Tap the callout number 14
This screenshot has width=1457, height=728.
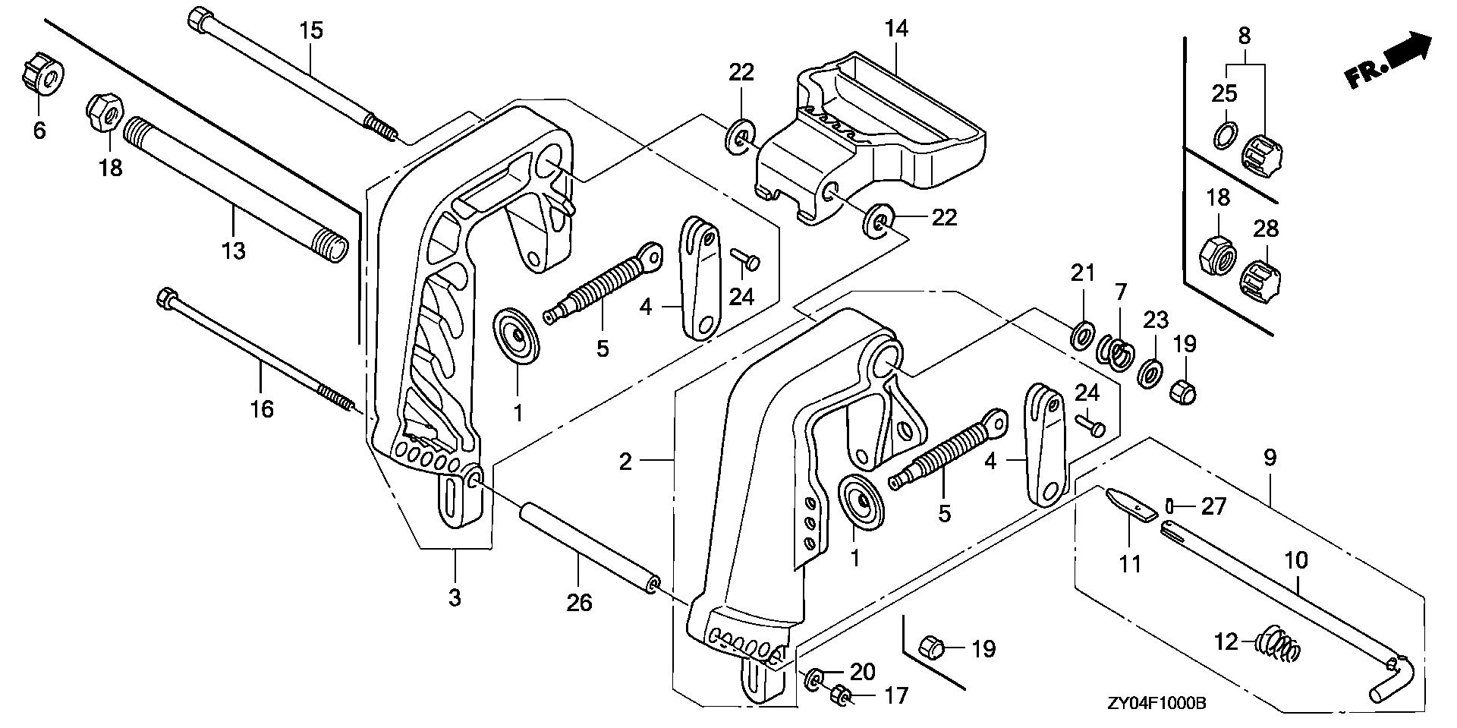pyautogui.click(x=896, y=29)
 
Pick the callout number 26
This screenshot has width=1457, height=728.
pyautogui.click(x=580, y=604)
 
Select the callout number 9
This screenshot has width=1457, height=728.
pyautogui.click(x=1270, y=458)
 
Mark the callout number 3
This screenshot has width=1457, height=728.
pyautogui.click(x=454, y=597)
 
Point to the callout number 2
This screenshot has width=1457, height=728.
pyautogui.click(x=625, y=461)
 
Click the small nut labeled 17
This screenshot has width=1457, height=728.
pyautogui.click(x=841, y=695)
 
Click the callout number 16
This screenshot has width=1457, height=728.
pyautogui.click(x=262, y=410)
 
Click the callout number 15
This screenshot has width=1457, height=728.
pyautogui.click(x=310, y=30)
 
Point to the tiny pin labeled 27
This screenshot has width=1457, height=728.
pyautogui.click(x=1170, y=505)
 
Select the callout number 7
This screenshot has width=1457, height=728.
pyautogui.click(x=1121, y=292)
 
